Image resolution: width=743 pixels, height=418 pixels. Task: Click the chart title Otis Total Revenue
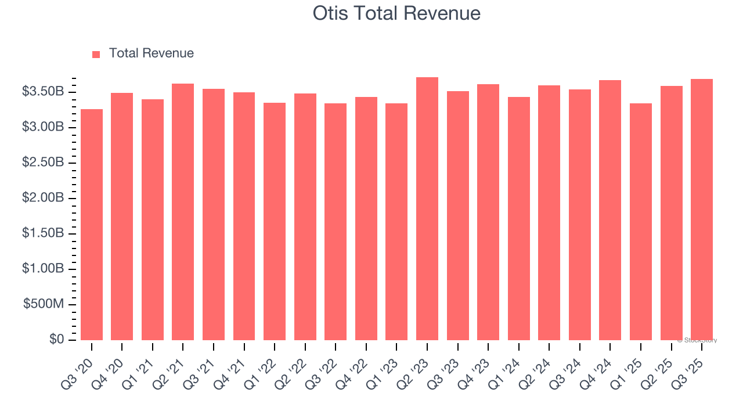[396, 13]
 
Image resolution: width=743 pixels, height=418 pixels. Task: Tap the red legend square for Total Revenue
[96, 54]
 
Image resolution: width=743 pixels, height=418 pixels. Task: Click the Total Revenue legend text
[152, 53]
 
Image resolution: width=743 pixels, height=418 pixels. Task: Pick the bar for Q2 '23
[427, 208]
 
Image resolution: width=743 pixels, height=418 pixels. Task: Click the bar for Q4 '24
[610, 210]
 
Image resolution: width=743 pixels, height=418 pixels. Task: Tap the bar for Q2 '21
[183, 212]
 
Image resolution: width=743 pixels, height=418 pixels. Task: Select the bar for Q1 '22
[275, 221]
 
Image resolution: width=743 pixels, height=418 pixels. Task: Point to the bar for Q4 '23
[488, 212]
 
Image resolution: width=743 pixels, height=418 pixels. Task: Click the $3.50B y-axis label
[42, 92]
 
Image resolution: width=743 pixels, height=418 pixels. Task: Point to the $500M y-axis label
[44, 305]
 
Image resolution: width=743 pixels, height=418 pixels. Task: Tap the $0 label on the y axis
[56, 340]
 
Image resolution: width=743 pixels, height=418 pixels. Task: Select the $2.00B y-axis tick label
[42, 198]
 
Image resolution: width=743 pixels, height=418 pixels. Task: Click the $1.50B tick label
[42, 233]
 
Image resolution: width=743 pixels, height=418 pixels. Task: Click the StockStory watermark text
[698, 340]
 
